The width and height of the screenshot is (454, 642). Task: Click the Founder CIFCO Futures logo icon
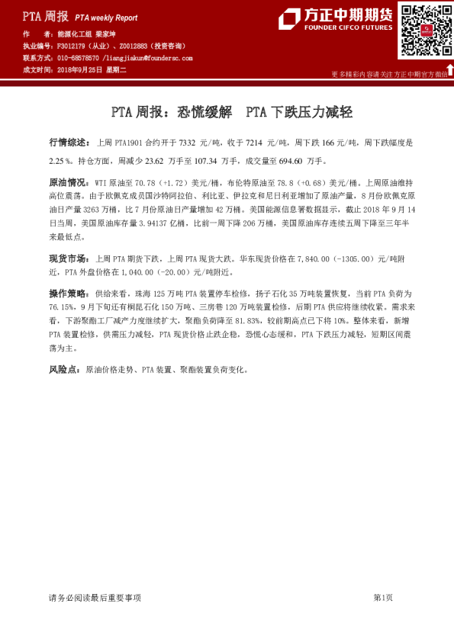click(x=291, y=18)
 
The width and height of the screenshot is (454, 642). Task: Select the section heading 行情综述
click(x=65, y=143)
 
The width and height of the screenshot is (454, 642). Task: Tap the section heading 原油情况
click(x=66, y=184)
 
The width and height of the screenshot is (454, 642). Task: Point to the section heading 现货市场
click(x=65, y=258)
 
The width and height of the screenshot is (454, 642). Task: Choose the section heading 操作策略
click(x=65, y=293)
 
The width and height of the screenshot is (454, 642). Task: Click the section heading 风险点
click(x=62, y=369)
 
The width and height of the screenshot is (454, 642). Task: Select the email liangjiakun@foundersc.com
click(x=150, y=58)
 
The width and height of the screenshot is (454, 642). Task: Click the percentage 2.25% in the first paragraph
click(x=60, y=162)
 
